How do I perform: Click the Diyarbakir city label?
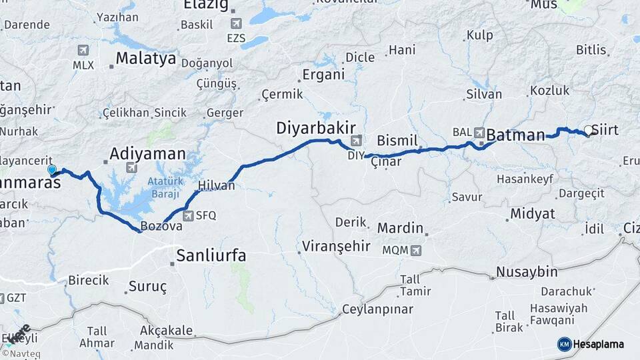pos(316,128)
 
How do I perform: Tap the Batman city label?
pos(515,135)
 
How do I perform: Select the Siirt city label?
pos(605,130)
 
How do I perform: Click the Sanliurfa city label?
pos(211,255)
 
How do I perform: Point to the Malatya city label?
pos(145,59)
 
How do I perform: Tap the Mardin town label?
pos(400,228)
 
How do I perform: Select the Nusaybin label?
pos(527,272)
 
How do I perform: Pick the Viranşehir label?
pos(336,246)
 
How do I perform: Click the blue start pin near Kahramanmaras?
pos(52,170)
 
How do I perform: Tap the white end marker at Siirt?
pos(588,130)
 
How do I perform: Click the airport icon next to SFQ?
pos(188,215)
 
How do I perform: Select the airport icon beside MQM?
pos(416,251)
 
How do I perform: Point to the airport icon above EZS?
pos(235,23)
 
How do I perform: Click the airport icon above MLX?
pos(83,50)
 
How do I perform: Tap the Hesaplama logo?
pos(591,344)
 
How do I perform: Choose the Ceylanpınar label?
pos(377,309)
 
